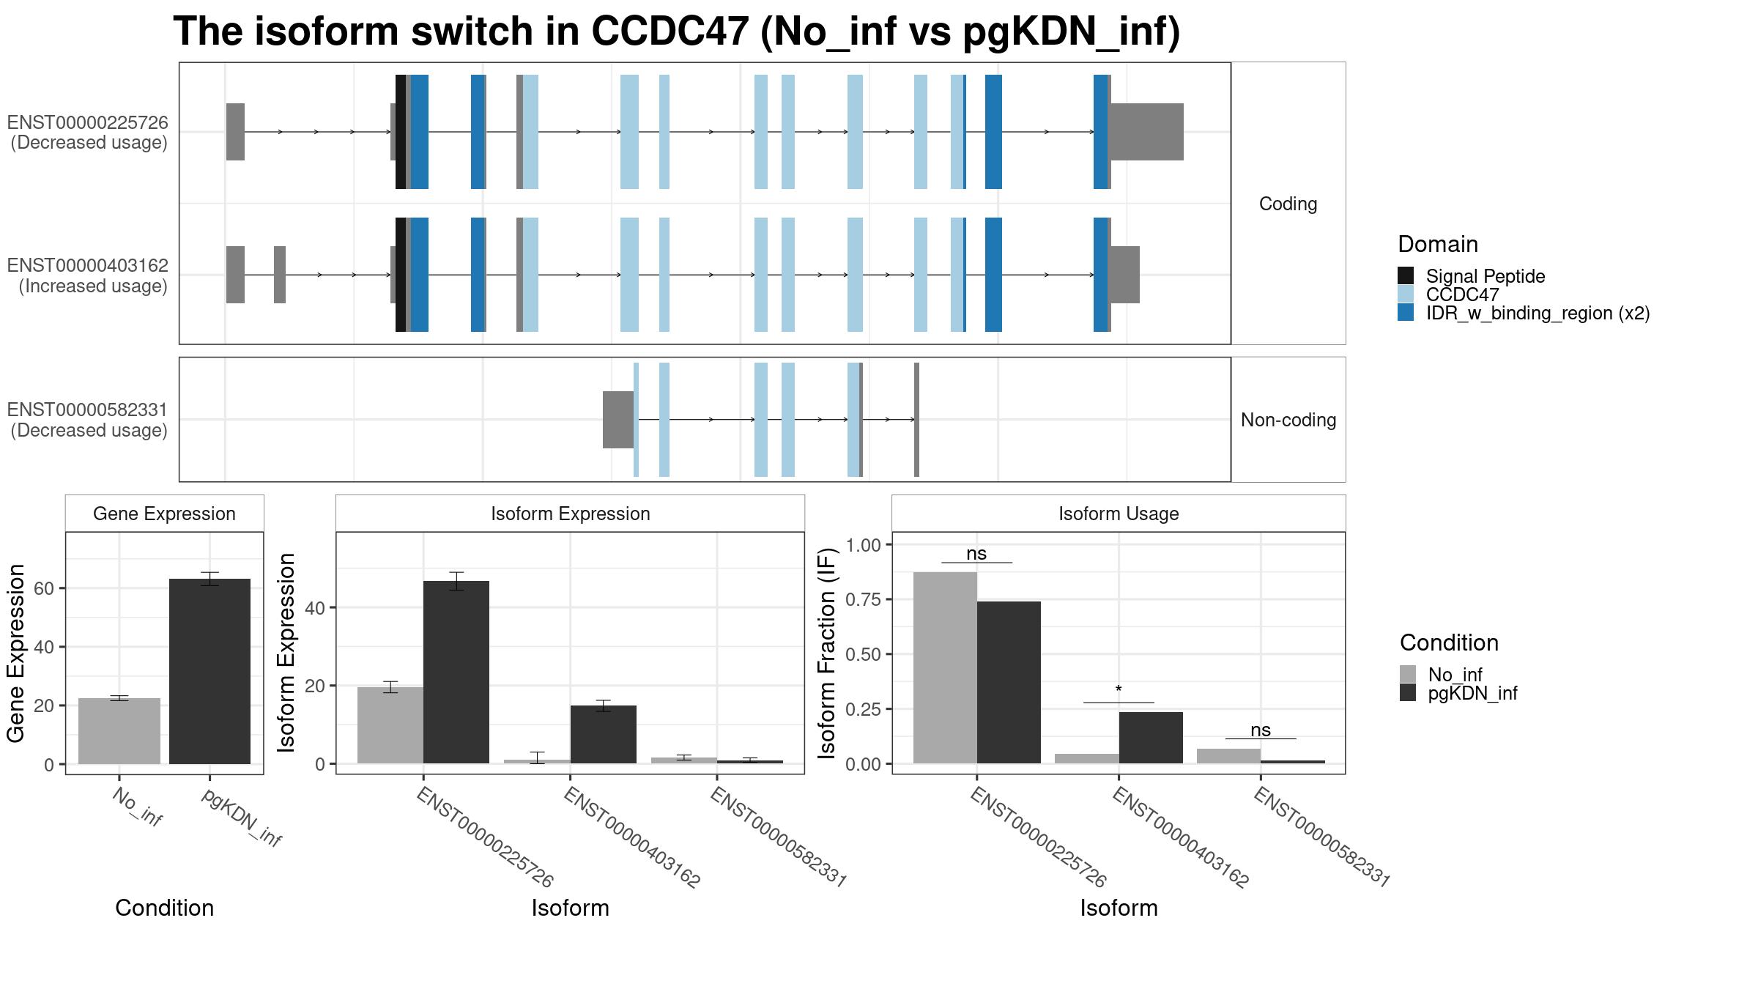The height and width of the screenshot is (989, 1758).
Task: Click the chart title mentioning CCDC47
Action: point(676,32)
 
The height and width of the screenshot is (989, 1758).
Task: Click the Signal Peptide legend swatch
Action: point(1406,276)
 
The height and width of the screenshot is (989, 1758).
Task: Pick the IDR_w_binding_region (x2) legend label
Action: point(1538,314)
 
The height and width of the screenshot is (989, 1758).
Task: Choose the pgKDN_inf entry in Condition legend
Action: point(1472,693)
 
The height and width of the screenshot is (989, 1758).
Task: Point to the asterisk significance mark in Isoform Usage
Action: point(1119,690)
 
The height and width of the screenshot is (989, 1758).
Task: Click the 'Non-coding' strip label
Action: point(1288,420)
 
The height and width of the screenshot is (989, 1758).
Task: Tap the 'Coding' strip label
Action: point(1288,204)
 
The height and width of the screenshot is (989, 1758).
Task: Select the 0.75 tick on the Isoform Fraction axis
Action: point(863,599)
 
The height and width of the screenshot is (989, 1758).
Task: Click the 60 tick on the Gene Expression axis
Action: point(44,588)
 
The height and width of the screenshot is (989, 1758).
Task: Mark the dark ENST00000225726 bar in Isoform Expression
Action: point(456,672)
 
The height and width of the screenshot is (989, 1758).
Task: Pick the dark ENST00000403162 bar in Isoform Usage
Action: point(1151,738)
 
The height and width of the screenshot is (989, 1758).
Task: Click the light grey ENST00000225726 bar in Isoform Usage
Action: point(945,667)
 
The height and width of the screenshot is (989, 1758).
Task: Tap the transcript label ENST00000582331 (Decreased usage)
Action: point(88,420)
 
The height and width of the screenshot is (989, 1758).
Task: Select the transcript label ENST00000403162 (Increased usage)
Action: point(88,275)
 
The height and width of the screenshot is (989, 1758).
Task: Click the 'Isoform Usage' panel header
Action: point(1119,514)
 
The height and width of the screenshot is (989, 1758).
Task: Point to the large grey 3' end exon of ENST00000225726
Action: point(1146,132)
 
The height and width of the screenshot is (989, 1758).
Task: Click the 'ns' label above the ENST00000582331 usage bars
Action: point(1260,730)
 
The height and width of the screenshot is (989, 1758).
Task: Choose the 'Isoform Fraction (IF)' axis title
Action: point(828,653)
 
